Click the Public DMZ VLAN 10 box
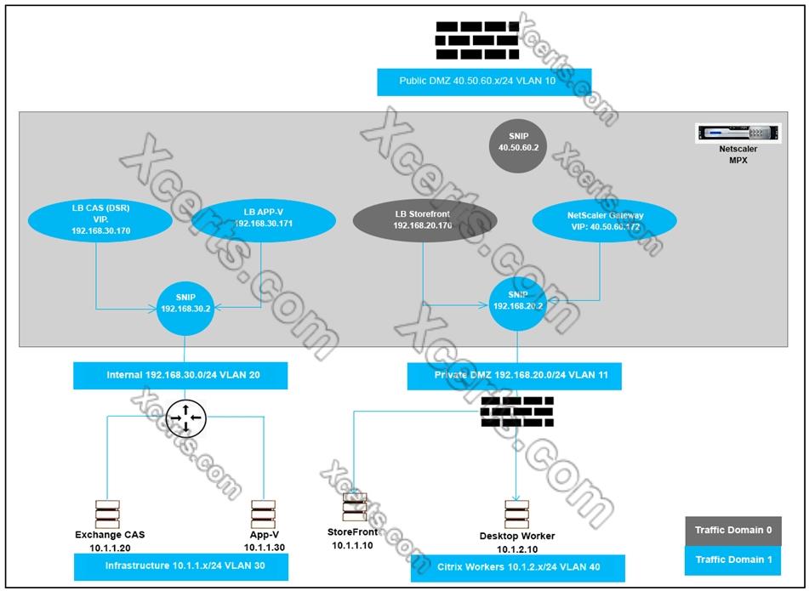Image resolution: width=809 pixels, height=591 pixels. pyautogui.click(x=484, y=82)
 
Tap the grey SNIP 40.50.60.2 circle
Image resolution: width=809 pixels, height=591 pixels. pyautogui.click(x=519, y=141)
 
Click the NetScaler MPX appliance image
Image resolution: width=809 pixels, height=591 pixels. pyautogui.click(x=738, y=134)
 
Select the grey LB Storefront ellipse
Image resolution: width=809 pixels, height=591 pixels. pyautogui.click(x=424, y=220)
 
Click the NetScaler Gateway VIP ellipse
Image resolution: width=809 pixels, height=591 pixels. pyautogui.click(x=605, y=221)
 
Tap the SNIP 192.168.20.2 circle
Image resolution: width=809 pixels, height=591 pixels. pyautogui.click(x=519, y=301)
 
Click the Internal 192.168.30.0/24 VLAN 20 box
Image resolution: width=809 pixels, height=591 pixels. pyautogui.click(x=179, y=375)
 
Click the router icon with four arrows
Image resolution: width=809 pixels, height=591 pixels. pyautogui.click(x=186, y=417)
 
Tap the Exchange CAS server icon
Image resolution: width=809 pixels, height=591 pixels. pyautogui.click(x=107, y=514)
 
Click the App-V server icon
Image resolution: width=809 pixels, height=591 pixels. pyautogui.click(x=263, y=514)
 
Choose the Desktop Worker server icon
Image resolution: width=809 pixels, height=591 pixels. pyautogui.click(x=516, y=514)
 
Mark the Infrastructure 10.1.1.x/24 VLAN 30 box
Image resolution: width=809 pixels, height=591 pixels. pyautogui.click(x=179, y=565)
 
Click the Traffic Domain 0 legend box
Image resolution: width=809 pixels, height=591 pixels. pyautogui.click(x=733, y=530)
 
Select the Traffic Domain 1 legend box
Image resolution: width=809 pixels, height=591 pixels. pyautogui.click(x=733, y=560)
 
